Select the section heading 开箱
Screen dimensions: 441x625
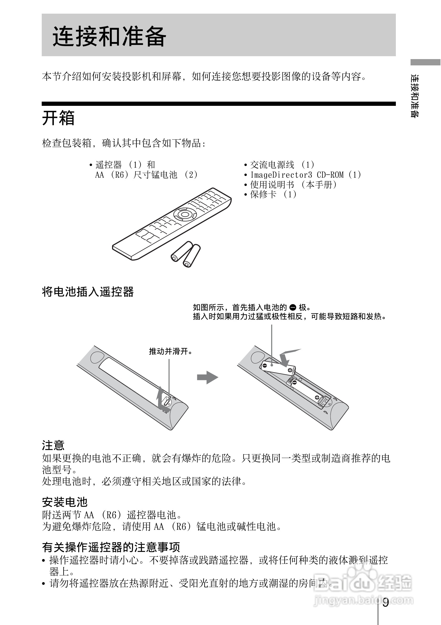pyautogui.click(x=58, y=118)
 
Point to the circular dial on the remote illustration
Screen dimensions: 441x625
pyautogui.click(x=185, y=214)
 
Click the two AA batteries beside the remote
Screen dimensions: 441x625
pyautogui.click(x=186, y=254)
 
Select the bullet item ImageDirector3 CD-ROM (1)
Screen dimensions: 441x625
pyautogui.click(x=305, y=175)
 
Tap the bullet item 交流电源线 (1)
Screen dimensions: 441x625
pyautogui.click(x=282, y=165)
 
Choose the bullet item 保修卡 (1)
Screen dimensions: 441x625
pyautogui.click(x=273, y=194)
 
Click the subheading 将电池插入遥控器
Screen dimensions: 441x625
pyautogui.click(x=88, y=292)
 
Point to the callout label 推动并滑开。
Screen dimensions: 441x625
pyautogui.click(x=171, y=351)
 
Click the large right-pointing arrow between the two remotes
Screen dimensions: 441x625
pyautogui.click(x=208, y=378)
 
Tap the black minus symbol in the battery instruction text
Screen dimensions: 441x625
pyautogui.click(x=293, y=308)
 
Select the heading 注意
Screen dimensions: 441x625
pyautogui.click(x=53, y=445)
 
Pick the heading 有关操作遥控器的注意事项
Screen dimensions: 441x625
pyautogui.click(x=111, y=547)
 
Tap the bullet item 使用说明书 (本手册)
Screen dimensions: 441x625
pyautogui.click(x=293, y=185)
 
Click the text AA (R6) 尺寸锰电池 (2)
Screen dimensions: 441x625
pyautogui.click(x=146, y=175)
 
